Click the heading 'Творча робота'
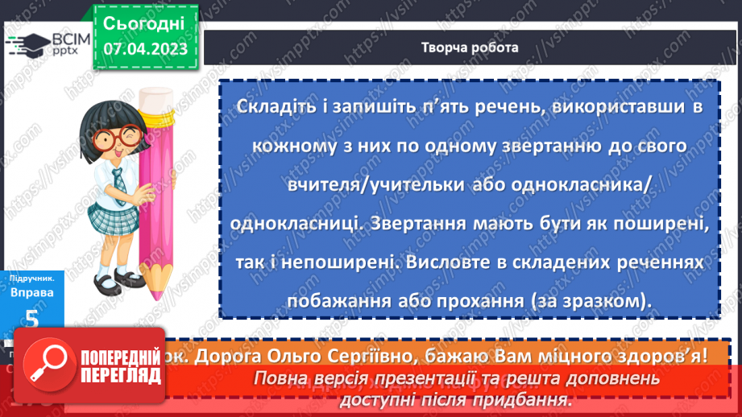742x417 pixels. click(470, 47)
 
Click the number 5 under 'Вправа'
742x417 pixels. click(32, 319)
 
